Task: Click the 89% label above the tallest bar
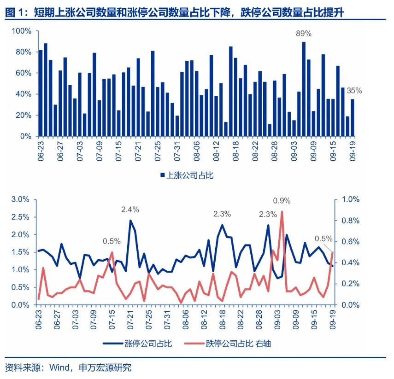pos(304,34)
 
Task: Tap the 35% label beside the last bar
pos(354,91)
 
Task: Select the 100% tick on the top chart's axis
pos(22,31)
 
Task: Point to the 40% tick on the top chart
pos(24,94)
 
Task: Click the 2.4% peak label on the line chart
pos(130,210)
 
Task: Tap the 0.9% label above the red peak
pos(282,201)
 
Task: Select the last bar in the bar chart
pos(353,117)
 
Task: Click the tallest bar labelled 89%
pos(304,89)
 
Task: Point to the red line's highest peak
pos(282,212)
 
